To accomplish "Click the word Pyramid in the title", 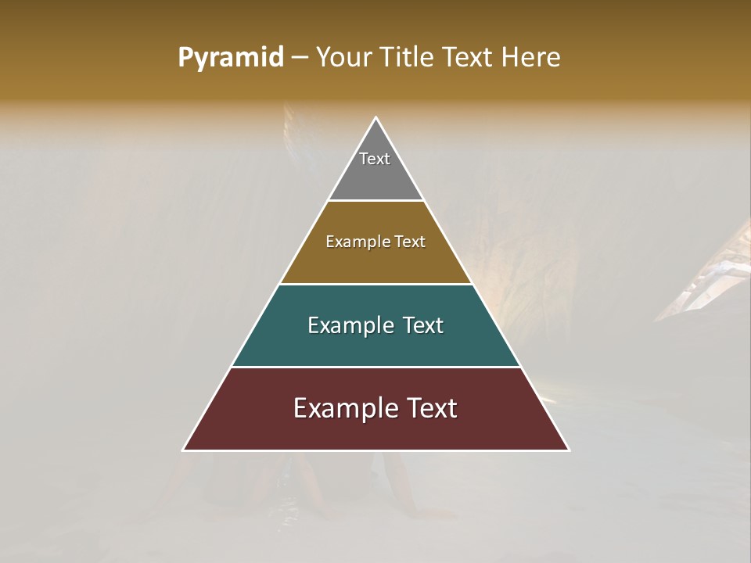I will [230, 58].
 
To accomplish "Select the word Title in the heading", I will [408, 58].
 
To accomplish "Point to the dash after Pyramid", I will [299, 58].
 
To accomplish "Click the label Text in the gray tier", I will [375, 159].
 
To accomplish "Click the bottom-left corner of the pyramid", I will [184, 450].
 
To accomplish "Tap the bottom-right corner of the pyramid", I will [569, 450].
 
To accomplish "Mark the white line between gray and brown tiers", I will [375, 201].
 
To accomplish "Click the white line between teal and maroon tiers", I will [375, 367].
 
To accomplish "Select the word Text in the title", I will [469, 58].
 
